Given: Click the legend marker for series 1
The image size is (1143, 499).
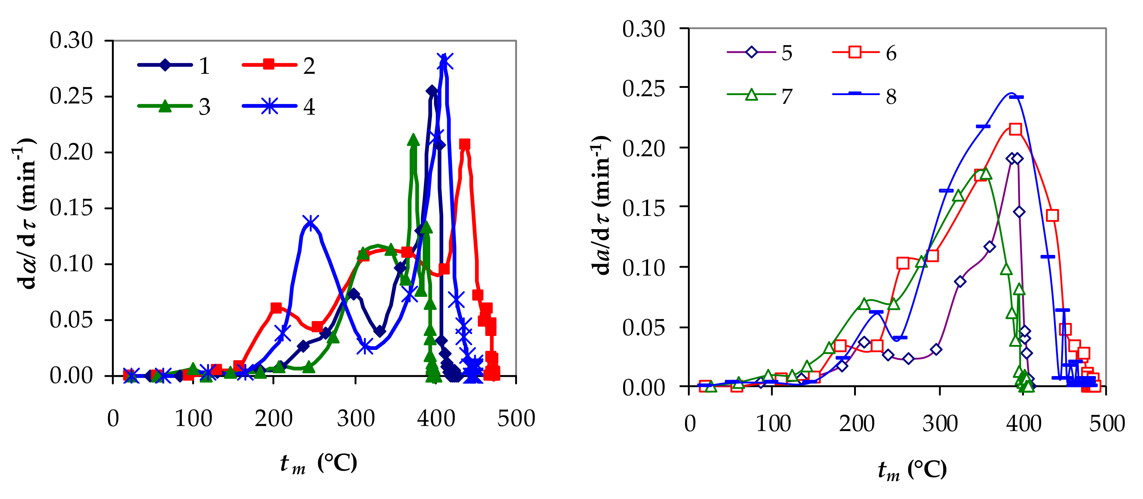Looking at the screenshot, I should pyautogui.click(x=165, y=65).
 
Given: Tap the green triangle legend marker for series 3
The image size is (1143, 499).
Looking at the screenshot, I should pyautogui.click(x=165, y=106).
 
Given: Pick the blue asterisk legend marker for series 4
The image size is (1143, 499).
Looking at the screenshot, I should pyautogui.click(x=269, y=106).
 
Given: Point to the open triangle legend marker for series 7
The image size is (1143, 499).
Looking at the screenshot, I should pyautogui.click(x=751, y=94).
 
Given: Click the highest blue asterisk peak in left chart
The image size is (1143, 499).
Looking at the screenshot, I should pyautogui.click(x=445, y=60).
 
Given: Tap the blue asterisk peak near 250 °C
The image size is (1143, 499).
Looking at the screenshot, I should pyautogui.click(x=310, y=222).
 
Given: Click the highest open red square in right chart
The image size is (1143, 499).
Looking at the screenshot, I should pyautogui.click(x=1015, y=129).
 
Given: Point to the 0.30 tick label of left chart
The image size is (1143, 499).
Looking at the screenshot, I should pyautogui.click(x=71, y=40).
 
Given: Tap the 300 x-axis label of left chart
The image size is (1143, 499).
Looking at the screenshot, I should pyautogui.click(x=356, y=418).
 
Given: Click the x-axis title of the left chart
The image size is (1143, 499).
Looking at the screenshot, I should pyautogui.click(x=318, y=464).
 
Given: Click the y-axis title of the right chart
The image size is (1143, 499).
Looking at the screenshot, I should pyautogui.click(x=600, y=206).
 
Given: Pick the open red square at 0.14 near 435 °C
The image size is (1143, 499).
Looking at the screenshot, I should pyautogui.click(x=1052, y=216).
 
